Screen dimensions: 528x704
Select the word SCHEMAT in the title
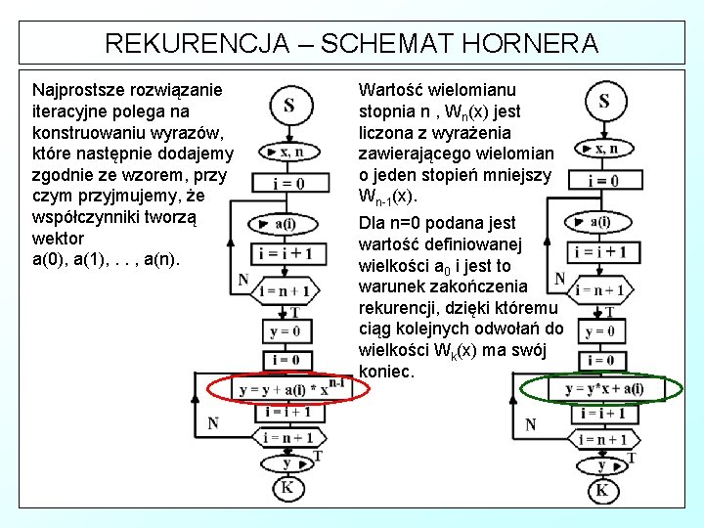point(387,44)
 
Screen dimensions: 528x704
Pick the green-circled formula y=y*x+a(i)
point(603,389)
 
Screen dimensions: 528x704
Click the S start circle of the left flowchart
point(290,105)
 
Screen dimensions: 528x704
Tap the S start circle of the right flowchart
point(603,101)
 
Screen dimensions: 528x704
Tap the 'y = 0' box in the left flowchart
point(286,332)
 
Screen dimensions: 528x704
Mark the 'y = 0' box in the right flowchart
point(599,332)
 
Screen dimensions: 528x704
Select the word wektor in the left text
point(58,239)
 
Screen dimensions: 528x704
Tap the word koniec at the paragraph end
point(386,372)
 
